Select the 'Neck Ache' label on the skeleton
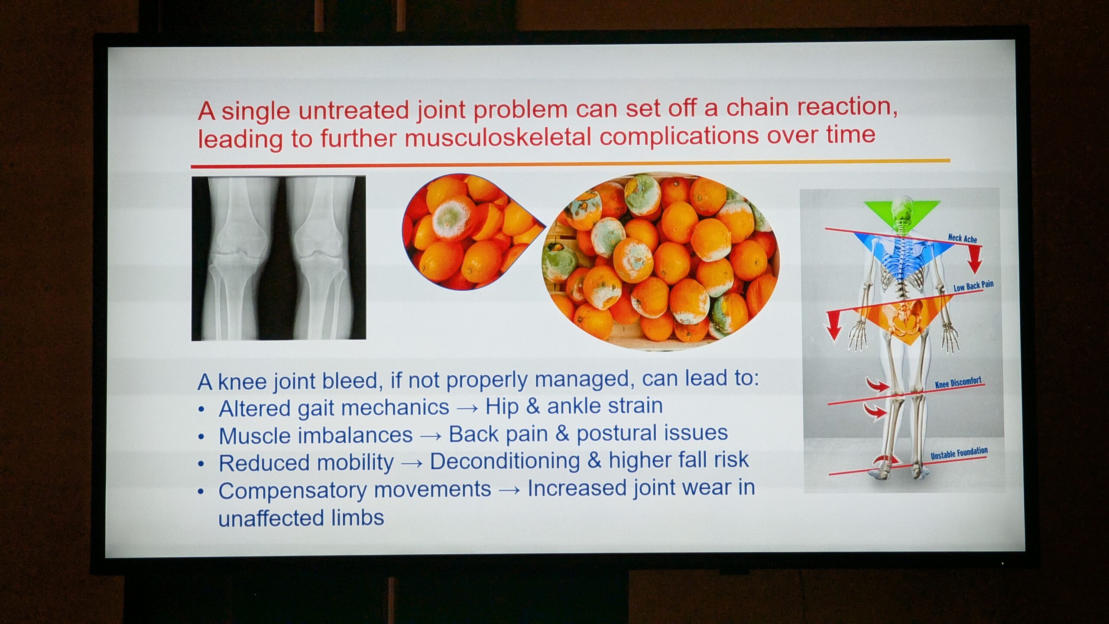[963, 238]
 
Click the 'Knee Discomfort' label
[958, 383]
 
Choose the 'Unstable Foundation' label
[959, 453]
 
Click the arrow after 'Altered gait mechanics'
[467, 409]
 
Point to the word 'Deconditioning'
[505, 461]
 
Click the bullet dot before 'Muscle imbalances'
[201, 436]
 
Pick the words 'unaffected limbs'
[301, 517]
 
